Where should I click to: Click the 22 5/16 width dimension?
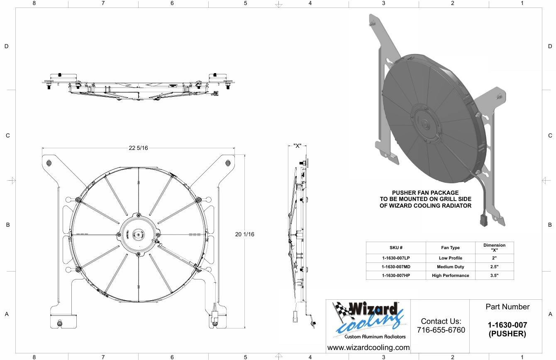138,148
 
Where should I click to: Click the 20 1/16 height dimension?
244,234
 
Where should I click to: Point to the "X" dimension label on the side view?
297,146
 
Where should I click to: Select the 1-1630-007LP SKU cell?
396,258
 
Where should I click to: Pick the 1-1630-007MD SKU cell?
396,267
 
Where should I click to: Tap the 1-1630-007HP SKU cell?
396,276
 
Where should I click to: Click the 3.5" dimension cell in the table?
494,276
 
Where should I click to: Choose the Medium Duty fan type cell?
450,267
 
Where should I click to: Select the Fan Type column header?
450,248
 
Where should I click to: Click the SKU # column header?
396,248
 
